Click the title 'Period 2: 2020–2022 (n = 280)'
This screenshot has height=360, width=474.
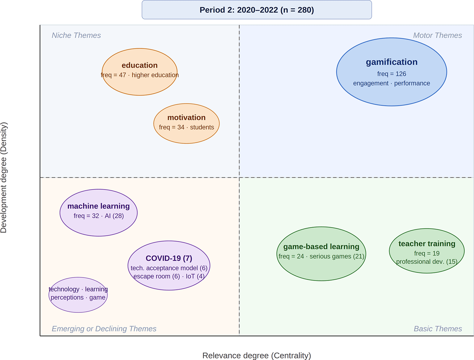click(257, 10)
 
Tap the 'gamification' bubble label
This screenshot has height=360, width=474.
click(392, 62)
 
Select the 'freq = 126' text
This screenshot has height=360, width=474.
click(392, 74)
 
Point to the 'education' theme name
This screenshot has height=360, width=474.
click(140, 65)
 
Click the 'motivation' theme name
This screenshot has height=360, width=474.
click(187, 117)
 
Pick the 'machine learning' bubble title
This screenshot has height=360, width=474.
click(99, 206)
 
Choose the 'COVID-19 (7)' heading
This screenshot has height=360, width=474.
click(169, 258)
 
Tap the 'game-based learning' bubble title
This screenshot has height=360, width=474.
click(321, 247)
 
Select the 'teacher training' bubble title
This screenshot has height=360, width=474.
click(427, 244)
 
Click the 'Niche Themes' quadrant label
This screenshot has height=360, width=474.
click(76, 35)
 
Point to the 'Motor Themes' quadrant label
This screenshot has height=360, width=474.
click(438, 35)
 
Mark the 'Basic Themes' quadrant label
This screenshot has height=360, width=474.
click(438, 329)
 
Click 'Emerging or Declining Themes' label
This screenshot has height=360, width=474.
click(104, 329)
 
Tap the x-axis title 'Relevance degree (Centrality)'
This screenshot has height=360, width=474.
click(257, 355)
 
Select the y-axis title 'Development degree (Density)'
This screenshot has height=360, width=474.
click(4, 178)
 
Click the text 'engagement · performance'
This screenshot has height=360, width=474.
click(392, 83)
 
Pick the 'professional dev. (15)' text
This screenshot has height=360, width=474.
click(427, 261)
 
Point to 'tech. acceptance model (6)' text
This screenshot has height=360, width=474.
click(169, 268)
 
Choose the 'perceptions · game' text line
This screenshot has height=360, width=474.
click(78, 297)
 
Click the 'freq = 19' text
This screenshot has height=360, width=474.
click(427, 253)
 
